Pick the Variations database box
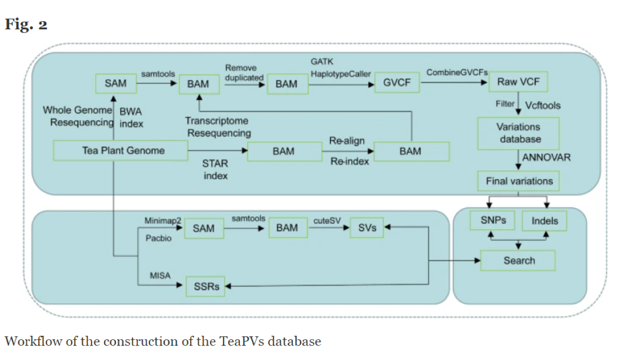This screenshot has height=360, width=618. (x=519, y=132)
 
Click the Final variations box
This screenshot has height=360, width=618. (x=519, y=181)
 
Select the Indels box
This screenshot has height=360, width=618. (x=544, y=221)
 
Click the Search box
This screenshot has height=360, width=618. (x=519, y=261)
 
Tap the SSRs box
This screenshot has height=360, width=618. (x=206, y=286)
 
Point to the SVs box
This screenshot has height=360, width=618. (x=367, y=228)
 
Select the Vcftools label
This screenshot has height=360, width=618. (x=543, y=105)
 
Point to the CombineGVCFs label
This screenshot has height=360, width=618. (x=457, y=73)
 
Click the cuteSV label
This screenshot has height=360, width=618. (x=327, y=220)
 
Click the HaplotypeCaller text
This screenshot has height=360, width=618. (x=340, y=74)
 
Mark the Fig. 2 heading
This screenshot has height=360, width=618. (x=26, y=24)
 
